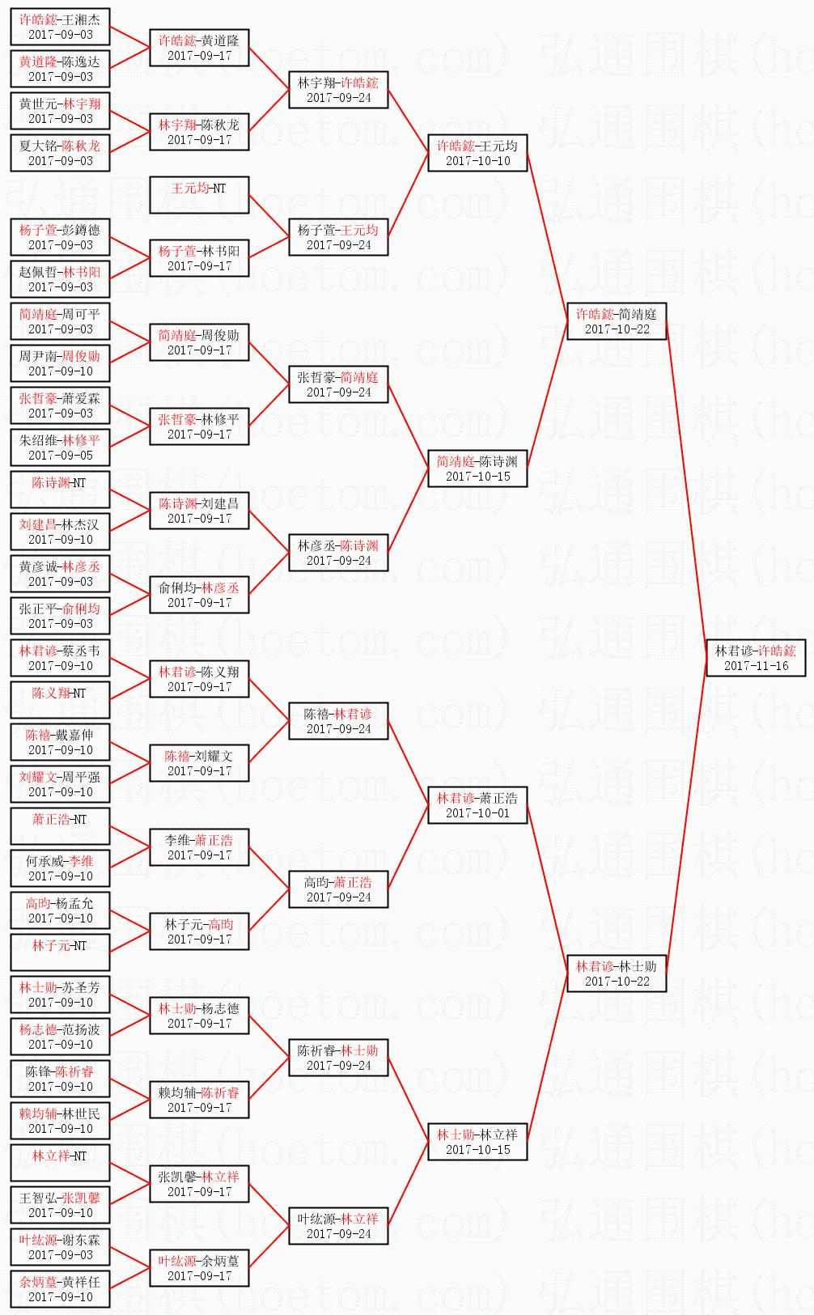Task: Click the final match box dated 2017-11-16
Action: [755, 658]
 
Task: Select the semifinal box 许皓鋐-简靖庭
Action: [617, 321]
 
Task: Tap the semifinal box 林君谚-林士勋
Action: [617, 974]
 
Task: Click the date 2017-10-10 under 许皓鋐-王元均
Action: [477, 161]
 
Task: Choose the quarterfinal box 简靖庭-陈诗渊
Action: [477, 469]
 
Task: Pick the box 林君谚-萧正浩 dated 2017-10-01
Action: [477, 805]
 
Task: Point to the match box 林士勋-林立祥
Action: [477, 1142]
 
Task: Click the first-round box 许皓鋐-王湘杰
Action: [61, 27]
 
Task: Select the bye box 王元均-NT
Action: [199, 195]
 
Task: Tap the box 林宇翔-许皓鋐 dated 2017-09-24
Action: [338, 90]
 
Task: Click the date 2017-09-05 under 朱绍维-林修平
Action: [61, 456]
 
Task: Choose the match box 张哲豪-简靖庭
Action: [338, 384]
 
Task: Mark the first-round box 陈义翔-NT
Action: [61, 700]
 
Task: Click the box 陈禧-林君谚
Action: [338, 721]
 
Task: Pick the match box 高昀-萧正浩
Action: [338, 889]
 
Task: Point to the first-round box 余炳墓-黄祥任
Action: [61, 1289]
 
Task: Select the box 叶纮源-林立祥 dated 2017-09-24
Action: [338, 1226]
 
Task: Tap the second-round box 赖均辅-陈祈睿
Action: [199, 1100]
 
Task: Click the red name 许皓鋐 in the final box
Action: [777, 651]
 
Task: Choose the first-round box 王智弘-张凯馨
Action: [61, 1205]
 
